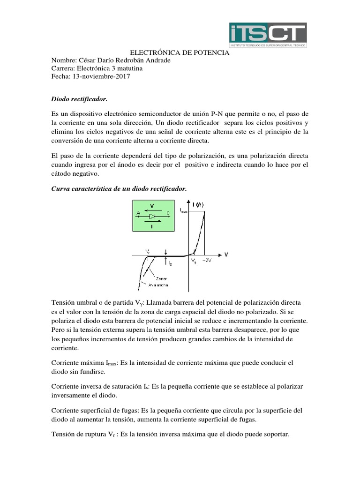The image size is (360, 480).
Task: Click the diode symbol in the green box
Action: [x=152, y=217]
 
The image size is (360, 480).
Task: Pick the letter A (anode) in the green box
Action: [x=138, y=213]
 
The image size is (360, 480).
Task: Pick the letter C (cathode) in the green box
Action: [x=167, y=213]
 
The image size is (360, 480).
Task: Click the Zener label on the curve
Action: [x=162, y=278]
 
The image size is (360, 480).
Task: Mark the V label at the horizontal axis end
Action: [x=226, y=255]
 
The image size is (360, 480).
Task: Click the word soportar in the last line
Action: [x=276, y=435]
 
